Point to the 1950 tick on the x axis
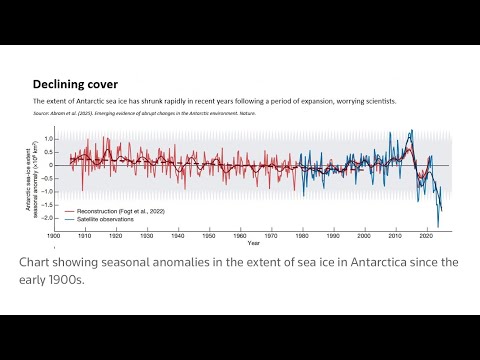tap(208, 236)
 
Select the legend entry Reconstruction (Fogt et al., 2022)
tap(114, 212)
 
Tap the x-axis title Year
tap(255, 243)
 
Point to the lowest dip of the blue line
tap(438, 227)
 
